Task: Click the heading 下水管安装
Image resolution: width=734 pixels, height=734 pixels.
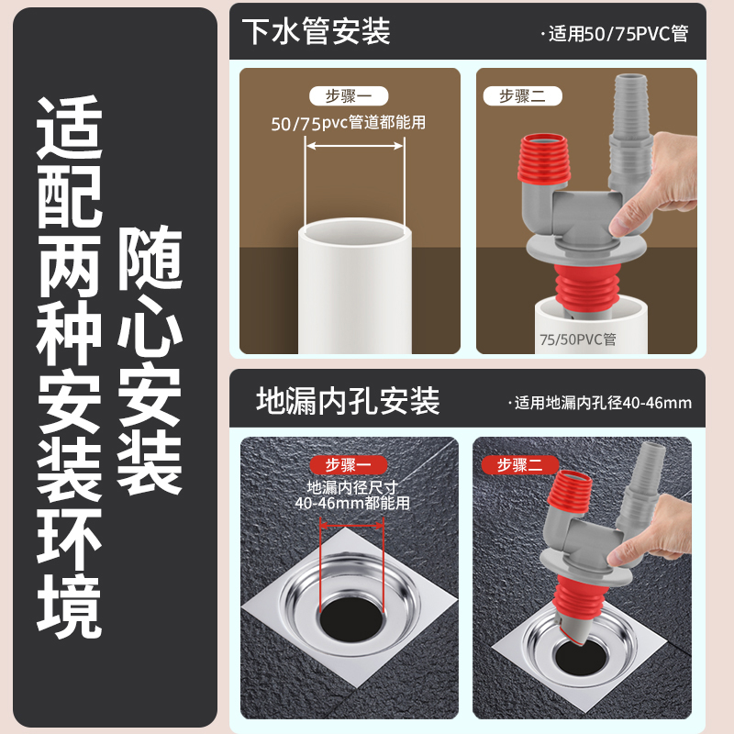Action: coord(316,31)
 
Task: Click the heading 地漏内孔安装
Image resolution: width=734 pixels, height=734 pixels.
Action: coord(348,401)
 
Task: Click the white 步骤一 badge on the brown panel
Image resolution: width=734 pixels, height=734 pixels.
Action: coord(349,96)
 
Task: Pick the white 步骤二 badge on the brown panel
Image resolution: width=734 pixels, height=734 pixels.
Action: coord(522,96)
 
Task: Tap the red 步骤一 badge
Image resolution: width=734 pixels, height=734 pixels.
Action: coord(349,465)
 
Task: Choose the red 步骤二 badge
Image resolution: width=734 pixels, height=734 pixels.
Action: coord(520,465)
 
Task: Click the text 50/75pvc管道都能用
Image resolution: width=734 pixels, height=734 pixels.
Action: coord(349,123)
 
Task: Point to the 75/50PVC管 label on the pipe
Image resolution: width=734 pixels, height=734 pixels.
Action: coord(578,339)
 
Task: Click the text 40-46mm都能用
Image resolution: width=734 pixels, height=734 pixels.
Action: coord(352,503)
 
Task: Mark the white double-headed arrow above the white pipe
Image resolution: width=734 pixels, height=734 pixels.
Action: coord(354,146)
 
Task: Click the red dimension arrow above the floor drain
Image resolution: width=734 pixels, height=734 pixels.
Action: coord(351,526)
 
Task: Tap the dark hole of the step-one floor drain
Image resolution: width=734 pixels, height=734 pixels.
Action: coord(351,618)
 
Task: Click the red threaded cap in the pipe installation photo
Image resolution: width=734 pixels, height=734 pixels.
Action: coord(544,158)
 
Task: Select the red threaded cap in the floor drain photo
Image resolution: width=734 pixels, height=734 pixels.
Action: coord(570,492)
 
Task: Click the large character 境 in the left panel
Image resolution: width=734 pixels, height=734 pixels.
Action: coord(70,606)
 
